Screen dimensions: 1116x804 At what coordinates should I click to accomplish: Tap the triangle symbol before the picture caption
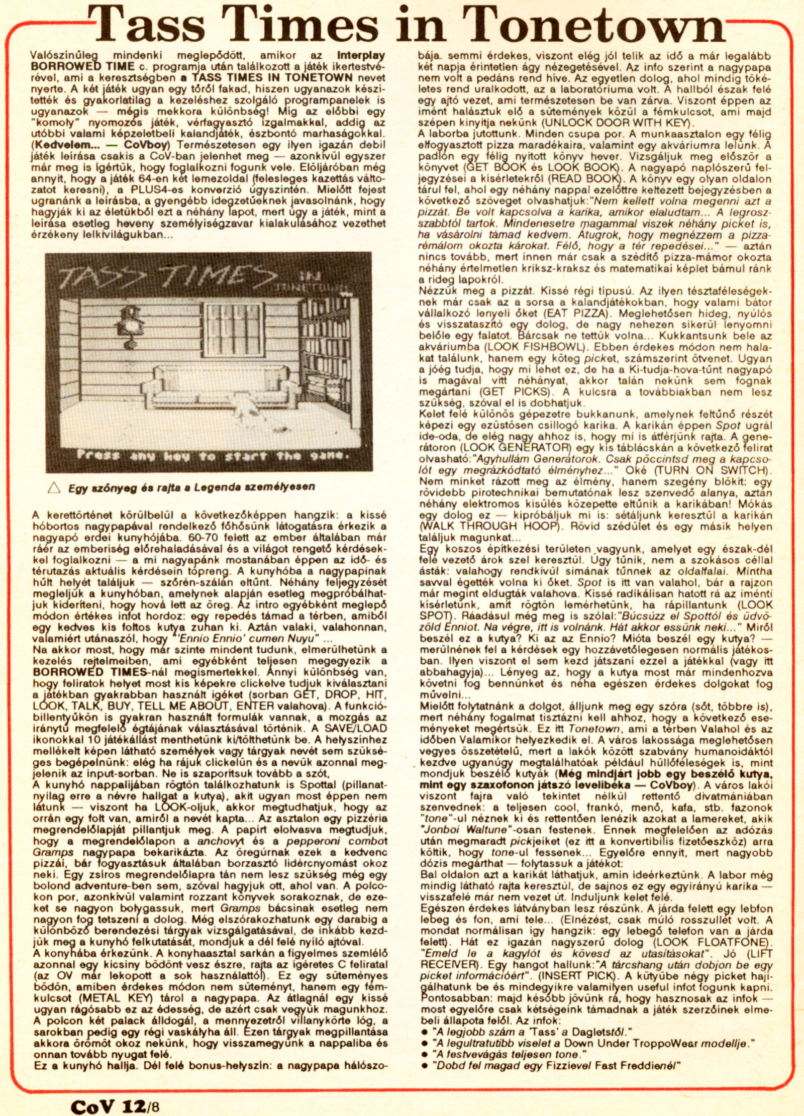(54, 487)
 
